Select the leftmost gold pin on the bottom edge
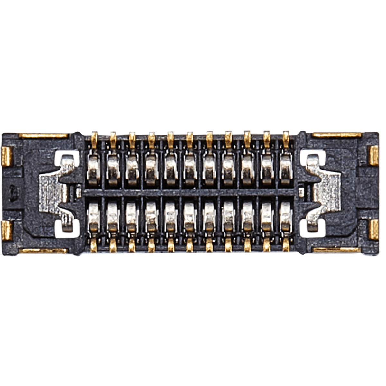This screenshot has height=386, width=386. tap(94, 245)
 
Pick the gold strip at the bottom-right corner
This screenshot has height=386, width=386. tap(336, 250)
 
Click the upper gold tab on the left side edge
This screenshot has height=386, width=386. tap(6, 155)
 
